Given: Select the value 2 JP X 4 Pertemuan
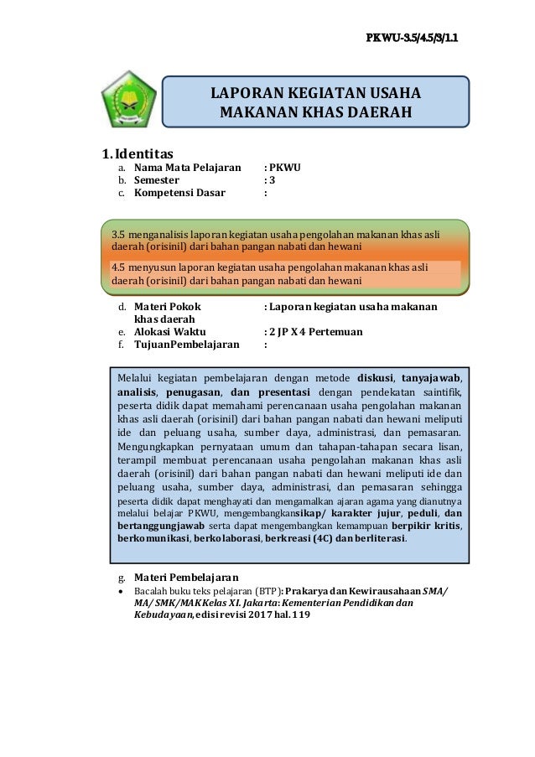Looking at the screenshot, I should (316, 332).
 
